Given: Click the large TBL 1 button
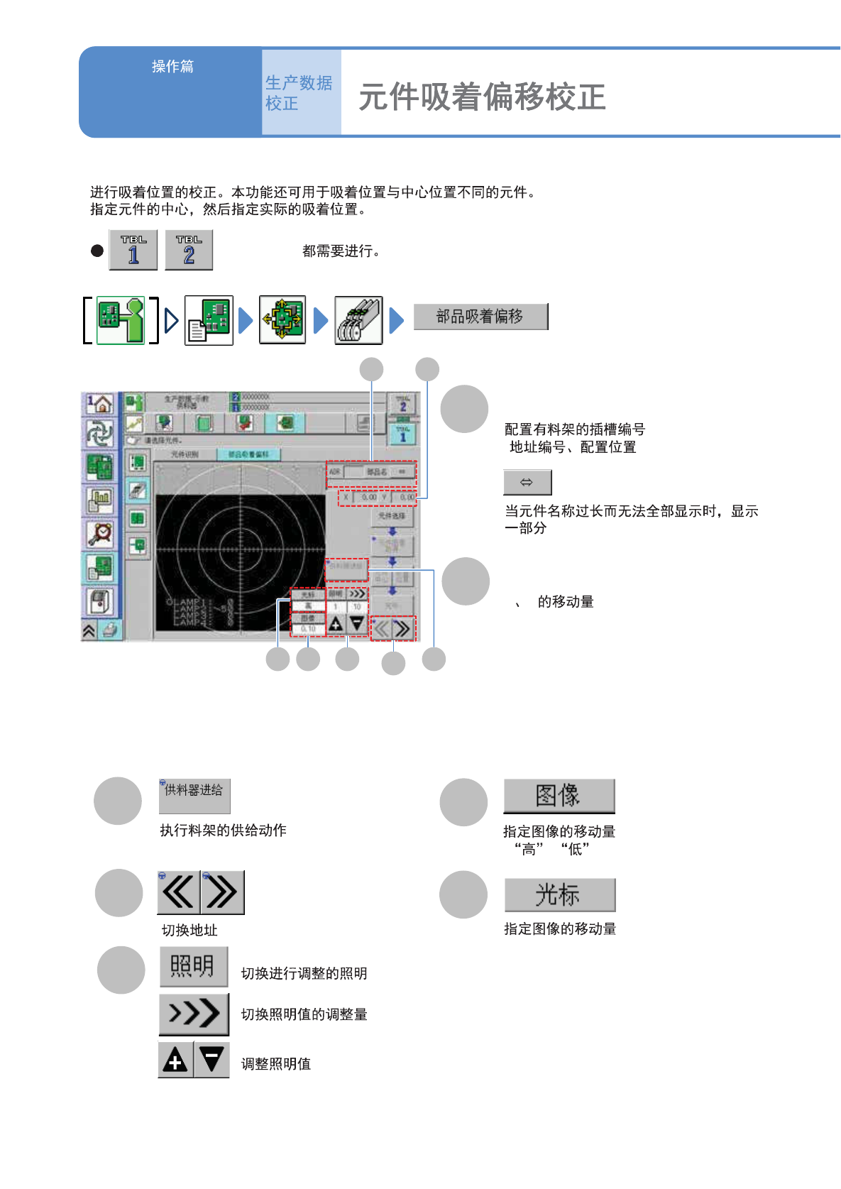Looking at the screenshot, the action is tap(133, 250).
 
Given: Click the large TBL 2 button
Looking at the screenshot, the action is tap(189, 250).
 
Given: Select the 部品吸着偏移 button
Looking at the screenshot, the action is tap(480, 317).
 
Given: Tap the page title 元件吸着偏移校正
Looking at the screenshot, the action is tap(482, 97).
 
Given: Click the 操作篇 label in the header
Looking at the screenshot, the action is tap(172, 67).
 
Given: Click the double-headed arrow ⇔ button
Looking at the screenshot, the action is tap(527, 483).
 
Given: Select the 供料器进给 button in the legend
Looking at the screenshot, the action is tap(194, 796).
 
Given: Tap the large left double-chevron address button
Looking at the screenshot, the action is tap(179, 892).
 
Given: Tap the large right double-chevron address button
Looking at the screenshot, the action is tap(223, 892).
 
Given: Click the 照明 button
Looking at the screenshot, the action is tap(193, 966).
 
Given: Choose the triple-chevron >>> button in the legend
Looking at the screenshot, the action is tap(194, 1014).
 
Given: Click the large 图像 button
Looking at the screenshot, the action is tap(559, 796).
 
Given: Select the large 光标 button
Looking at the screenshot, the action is tap(559, 895).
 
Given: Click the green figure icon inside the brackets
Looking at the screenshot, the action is tap(121, 320).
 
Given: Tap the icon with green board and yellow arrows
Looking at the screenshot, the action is tap(282, 320).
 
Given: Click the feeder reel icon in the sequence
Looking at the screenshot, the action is tap(358, 320).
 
